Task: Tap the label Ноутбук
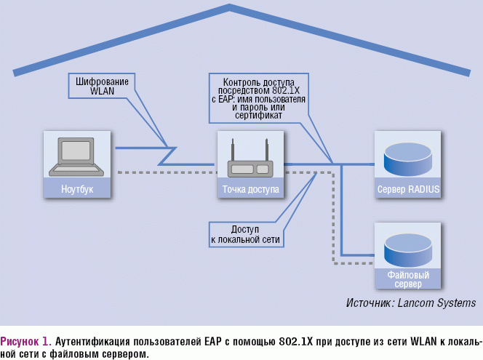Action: coord(77,189)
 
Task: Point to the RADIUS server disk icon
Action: coord(408,158)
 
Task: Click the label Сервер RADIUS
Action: coord(408,189)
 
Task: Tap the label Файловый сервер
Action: coord(408,279)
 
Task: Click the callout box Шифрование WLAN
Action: coord(103,87)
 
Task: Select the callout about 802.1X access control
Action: coord(258,98)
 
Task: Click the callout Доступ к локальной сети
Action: coord(245,233)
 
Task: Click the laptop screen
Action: coord(75,150)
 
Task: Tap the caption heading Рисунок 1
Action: coord(26,340)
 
